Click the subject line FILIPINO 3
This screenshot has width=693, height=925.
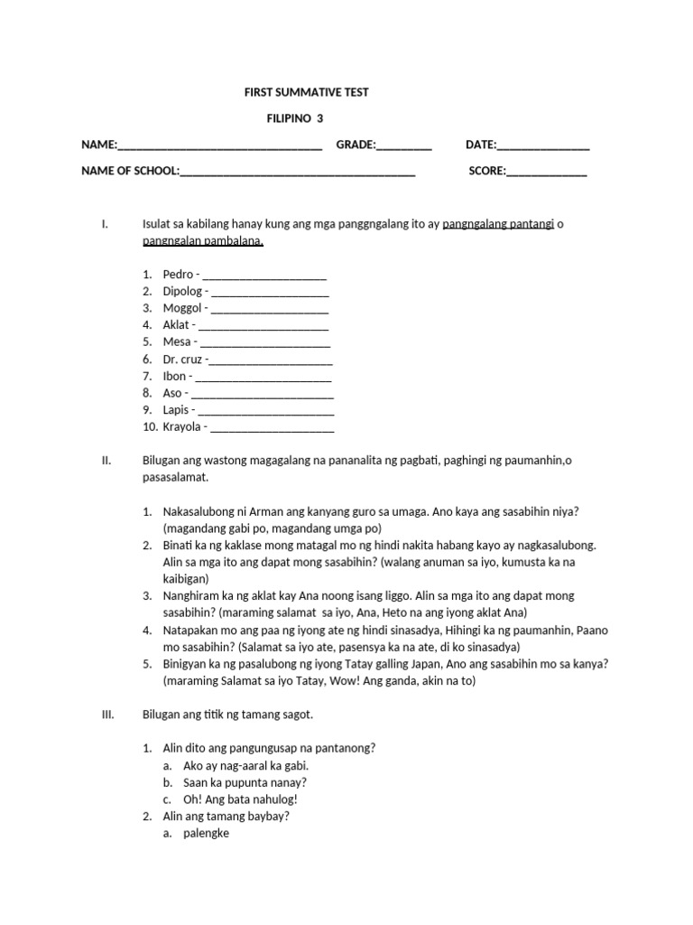pyautogui.click(x=295, y=118)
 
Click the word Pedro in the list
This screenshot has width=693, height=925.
pyautogui.click(x=179, y=274)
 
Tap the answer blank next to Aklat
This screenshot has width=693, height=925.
pyautogui.click(x=263, y=325)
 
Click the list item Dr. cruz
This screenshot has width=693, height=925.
pyautogui.click(x=182, y=360)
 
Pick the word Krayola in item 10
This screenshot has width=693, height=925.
pyautogui.click(x=183, y=427)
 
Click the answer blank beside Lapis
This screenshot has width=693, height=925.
pyautogui.click(x=266, y=410)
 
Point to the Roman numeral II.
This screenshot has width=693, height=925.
pyautogui.click(x=106, y=461)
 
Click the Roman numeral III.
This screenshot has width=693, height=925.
pyautogui.click(x=107, y=715)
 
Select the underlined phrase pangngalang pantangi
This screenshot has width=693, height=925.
pyautogui.click(x=498, y=224)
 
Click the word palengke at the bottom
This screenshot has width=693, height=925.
pyautogui.click(x=206, y=834)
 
